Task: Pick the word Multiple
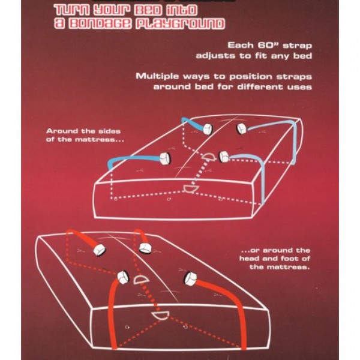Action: click(157, 76)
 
